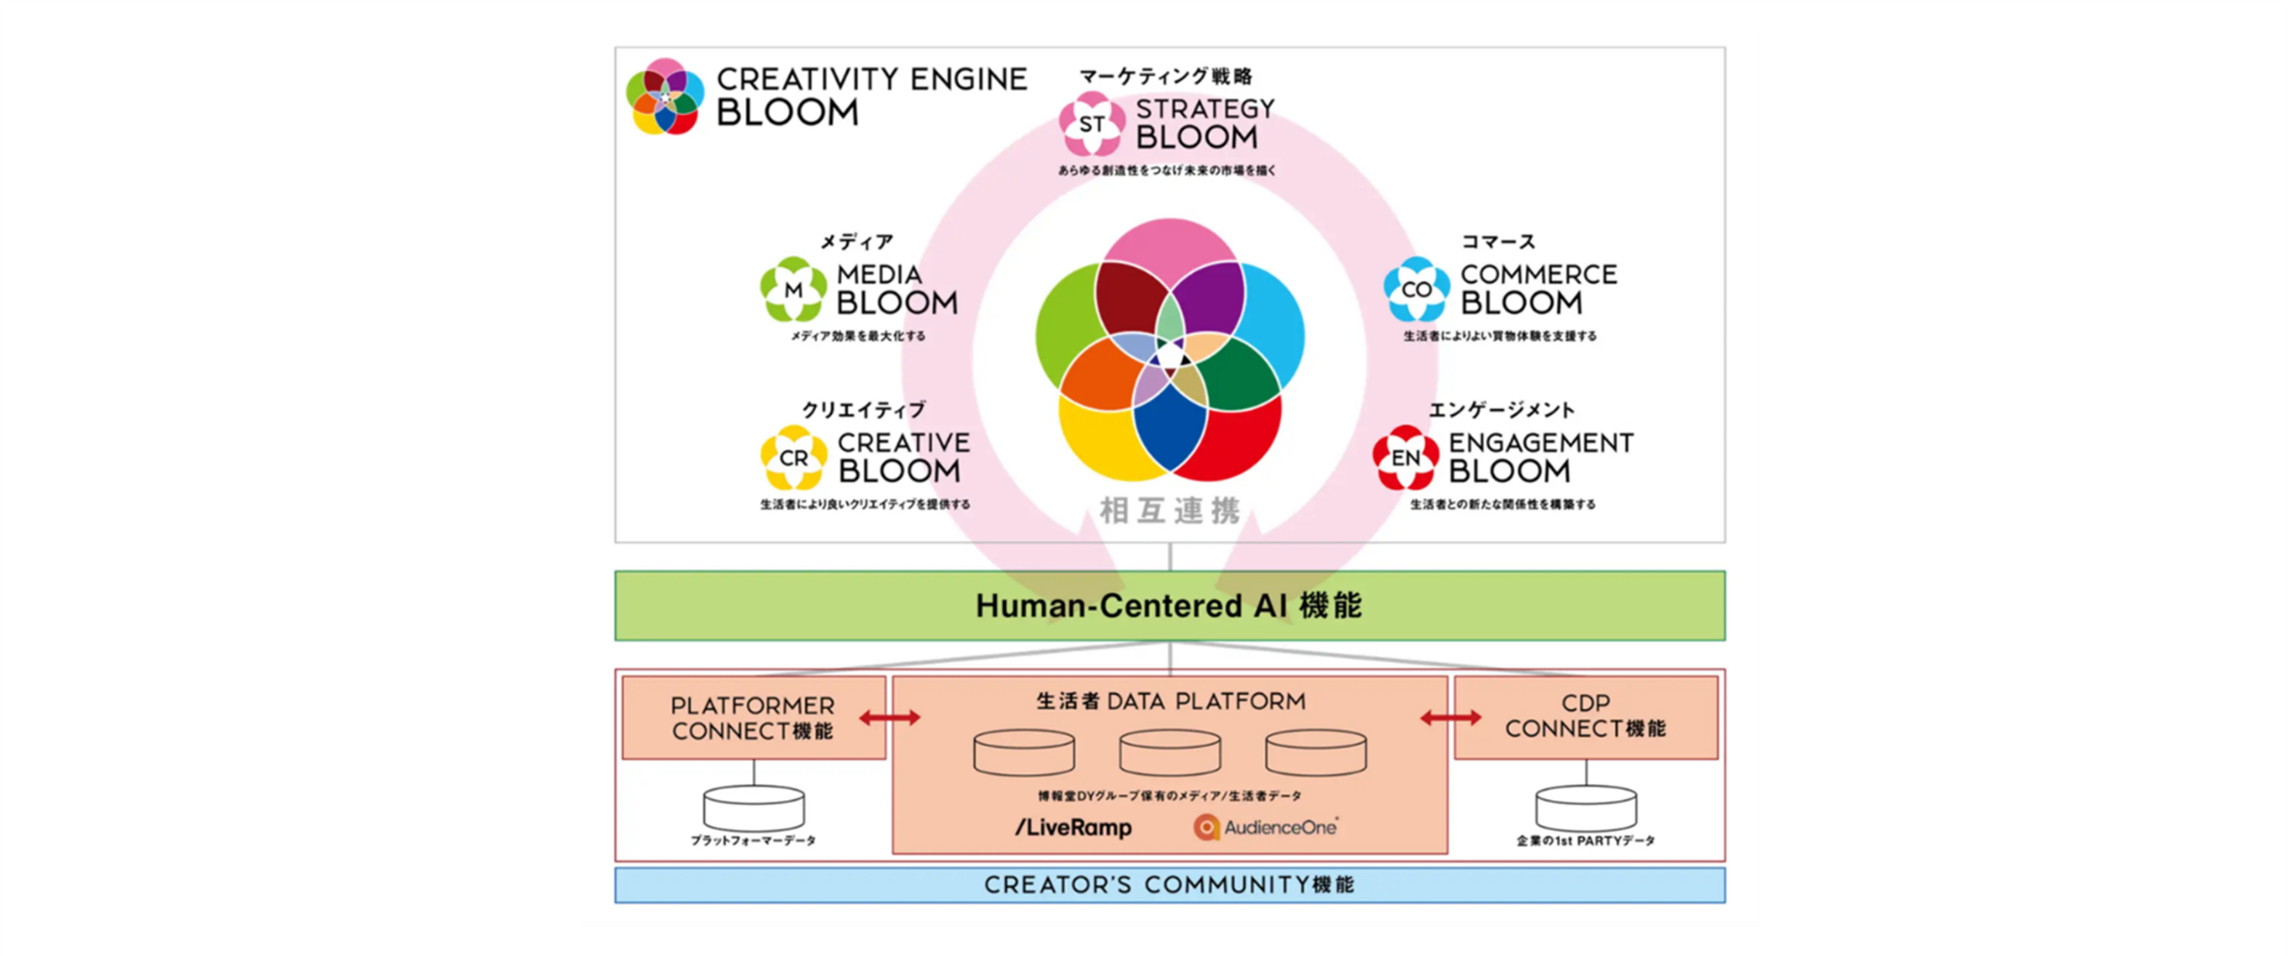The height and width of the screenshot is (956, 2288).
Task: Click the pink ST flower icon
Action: click(1092, 124)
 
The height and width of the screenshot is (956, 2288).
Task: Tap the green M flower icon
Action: click(793, 290)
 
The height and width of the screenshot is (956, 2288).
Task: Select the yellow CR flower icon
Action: click(793, 458)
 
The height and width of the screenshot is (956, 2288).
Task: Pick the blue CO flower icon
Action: click(1417, 290)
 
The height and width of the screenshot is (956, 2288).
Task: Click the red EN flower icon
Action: click(1405, 458)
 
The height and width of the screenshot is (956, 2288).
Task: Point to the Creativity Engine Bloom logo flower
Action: click(664, 97)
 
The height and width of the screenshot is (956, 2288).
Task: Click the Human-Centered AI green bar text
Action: click(1169, 606)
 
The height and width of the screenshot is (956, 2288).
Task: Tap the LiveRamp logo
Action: click(1074, 827)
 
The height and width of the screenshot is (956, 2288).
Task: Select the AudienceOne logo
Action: click(1266, 827)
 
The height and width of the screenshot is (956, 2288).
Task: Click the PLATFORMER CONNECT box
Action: click(753, 718)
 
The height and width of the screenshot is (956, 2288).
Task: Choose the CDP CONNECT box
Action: click(1585, 716)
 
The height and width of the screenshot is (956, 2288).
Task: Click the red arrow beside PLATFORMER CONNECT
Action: click(889, 718)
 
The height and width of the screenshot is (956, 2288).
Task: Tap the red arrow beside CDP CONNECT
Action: click(1450, 718)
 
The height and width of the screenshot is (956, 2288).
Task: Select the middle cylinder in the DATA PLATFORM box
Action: click(1170, 753)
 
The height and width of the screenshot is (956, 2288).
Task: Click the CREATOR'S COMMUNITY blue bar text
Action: click(1169, 885)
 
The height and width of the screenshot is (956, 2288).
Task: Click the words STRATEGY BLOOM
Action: click(1205, 124)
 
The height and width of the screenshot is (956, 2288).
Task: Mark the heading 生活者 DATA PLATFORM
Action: click(1171, 702)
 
